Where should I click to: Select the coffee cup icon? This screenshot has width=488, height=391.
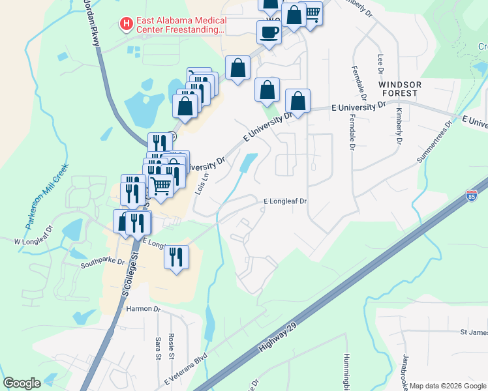tap(268, 32)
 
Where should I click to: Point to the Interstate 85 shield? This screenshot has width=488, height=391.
tap(471, 195)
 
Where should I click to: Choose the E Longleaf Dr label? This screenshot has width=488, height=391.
tap(284, 201)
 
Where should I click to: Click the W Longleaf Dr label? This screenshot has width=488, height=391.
tap(33, 241)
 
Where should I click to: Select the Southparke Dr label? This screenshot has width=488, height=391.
tap(101, 265)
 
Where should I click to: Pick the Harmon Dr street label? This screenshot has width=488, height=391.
tap(144, 309)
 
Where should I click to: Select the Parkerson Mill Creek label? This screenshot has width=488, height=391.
tap(47, 195)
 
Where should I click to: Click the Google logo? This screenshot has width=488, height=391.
tap(22, 383)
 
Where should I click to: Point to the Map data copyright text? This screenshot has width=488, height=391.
tap(448, 386)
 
